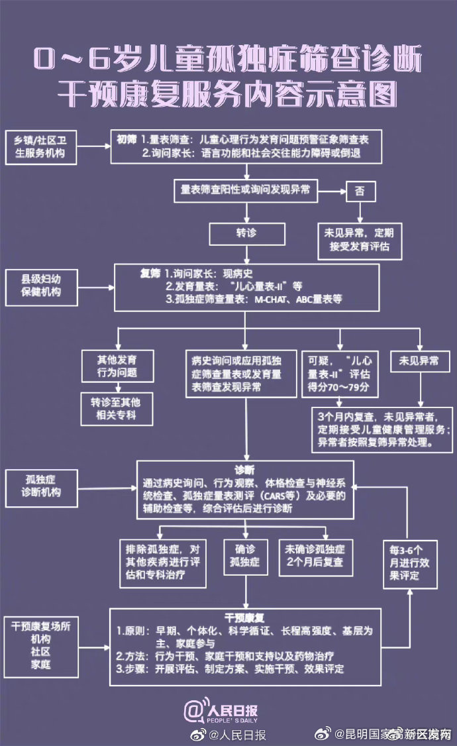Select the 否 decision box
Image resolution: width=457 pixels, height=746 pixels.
360,191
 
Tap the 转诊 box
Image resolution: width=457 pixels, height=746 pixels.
247,234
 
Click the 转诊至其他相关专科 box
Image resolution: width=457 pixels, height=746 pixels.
117,409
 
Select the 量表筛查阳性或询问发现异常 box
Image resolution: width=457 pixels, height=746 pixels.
247,190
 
